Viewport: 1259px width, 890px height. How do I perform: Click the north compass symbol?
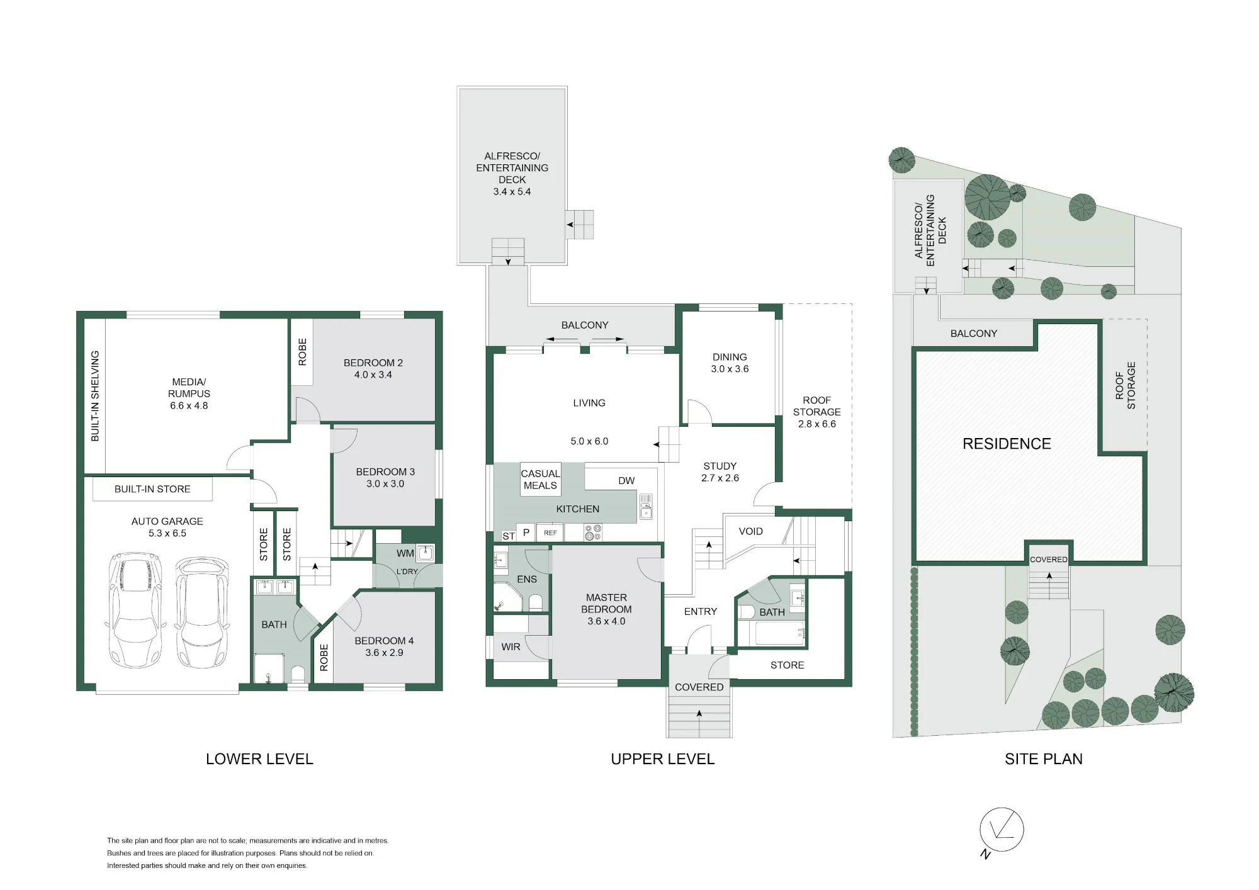[1002, 831]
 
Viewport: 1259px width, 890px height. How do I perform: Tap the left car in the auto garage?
[135, 611]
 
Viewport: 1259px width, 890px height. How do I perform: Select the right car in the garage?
[201, 611]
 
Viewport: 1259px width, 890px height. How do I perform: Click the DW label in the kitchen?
[626, 481]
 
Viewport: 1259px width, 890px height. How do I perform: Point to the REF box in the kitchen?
[550, 532]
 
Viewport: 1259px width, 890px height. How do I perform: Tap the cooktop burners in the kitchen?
[593, 532]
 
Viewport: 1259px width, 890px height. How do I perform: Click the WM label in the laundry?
[405, 553]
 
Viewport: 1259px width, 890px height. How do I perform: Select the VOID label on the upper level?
[750, 531]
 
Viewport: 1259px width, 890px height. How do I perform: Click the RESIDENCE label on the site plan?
[1007, 444]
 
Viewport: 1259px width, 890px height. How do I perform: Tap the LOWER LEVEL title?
[259, 759]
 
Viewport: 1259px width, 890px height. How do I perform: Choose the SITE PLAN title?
[1044, 759]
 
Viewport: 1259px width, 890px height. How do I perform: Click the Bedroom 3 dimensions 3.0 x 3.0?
[385, 483]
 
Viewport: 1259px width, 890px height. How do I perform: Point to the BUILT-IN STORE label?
[152, 489]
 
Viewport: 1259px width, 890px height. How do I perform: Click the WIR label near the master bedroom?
[511, 647]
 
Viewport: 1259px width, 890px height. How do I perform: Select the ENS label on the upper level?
[527, 579]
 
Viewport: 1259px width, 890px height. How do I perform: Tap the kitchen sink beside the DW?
[646, 507]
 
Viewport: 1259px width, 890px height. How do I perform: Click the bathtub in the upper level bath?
[780, 633]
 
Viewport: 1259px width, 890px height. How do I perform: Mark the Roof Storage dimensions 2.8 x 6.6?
[817, 424]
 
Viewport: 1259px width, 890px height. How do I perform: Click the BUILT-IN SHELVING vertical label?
[95, 396]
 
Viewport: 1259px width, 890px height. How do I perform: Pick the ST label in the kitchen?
[509, 536]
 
